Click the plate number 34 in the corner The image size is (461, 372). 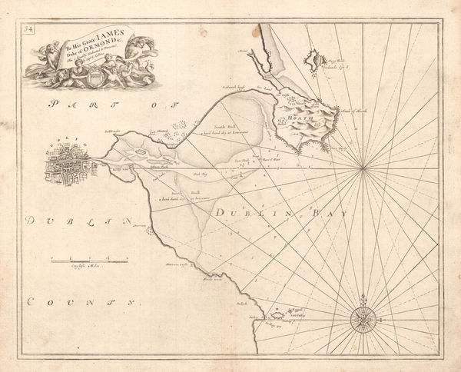28,30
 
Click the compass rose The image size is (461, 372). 362,317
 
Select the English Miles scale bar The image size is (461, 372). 85,263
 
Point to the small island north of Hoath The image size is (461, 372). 313,58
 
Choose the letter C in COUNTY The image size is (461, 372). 30,302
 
